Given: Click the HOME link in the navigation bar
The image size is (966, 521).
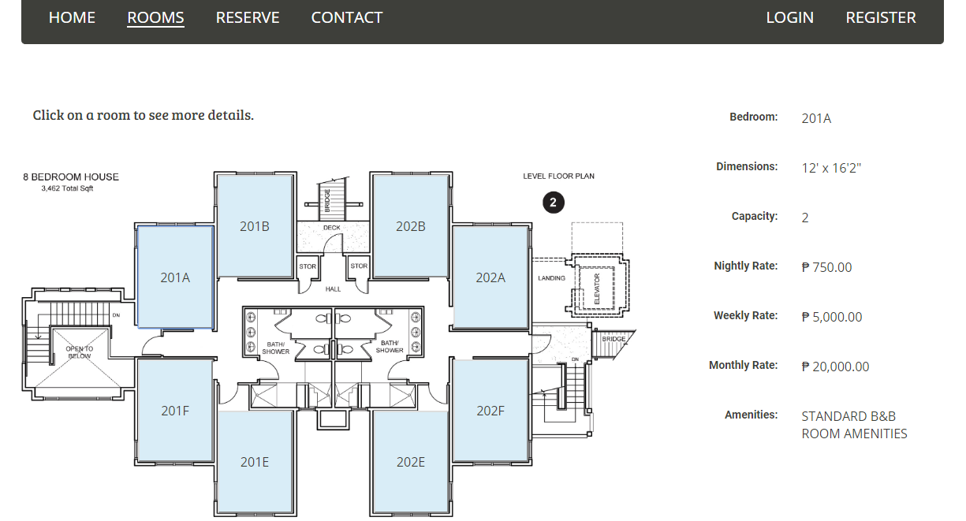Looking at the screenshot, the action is click(72, 17).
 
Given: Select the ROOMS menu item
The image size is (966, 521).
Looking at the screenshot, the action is click(155, 17).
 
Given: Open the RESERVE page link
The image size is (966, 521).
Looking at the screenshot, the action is click(248, 17).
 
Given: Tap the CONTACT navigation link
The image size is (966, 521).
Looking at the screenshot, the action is click(347, 17).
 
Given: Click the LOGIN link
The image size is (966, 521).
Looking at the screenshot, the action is click(790, 17).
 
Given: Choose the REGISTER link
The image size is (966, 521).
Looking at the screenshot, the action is click(881, 17).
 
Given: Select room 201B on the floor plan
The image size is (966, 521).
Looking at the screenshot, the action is click(255, 226).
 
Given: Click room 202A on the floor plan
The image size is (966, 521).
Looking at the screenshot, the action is click(490, 277).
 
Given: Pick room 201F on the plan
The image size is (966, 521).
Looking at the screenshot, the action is click(175, 411).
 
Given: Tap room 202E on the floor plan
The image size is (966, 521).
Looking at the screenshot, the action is click(411, 462).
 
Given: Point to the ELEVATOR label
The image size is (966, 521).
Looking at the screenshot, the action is click(597, 288).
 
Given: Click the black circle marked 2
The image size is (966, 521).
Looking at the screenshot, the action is click(554, 203).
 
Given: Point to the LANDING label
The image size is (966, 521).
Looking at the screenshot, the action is click(551, 278).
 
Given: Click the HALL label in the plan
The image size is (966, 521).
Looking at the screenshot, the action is click(333, 289).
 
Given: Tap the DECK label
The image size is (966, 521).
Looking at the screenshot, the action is click(332, 228).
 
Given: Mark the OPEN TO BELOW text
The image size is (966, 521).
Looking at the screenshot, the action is click(80, 352).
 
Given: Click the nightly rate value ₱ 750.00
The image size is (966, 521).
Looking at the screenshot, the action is click(826, 267).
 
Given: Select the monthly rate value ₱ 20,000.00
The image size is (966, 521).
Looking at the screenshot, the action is click(835, 367).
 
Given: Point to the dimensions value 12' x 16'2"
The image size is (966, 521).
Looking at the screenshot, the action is click(831, 168).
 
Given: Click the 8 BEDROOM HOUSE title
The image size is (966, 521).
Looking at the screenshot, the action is click(71, 177).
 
